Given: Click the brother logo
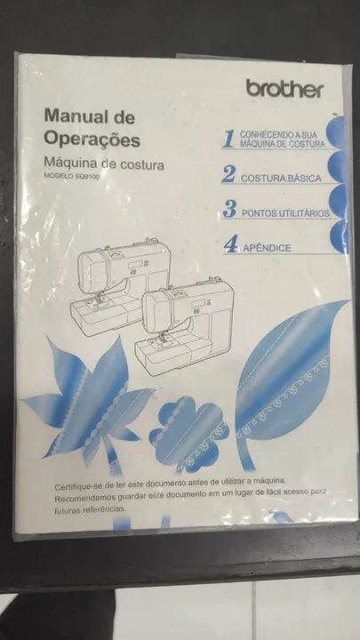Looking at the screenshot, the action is pos(285,88).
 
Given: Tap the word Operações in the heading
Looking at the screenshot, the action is pos(92,140).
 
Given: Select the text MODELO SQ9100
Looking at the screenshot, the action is pos(71,176).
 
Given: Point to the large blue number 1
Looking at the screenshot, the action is pos(229,140).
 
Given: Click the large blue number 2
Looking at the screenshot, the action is pos(228,174).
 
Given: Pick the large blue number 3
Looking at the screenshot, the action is pos(229,209).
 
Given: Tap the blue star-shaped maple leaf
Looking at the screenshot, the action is pos(90,404).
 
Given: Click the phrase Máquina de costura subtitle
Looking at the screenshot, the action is pos(104,164).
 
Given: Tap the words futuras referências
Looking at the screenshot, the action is pos(91,510).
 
